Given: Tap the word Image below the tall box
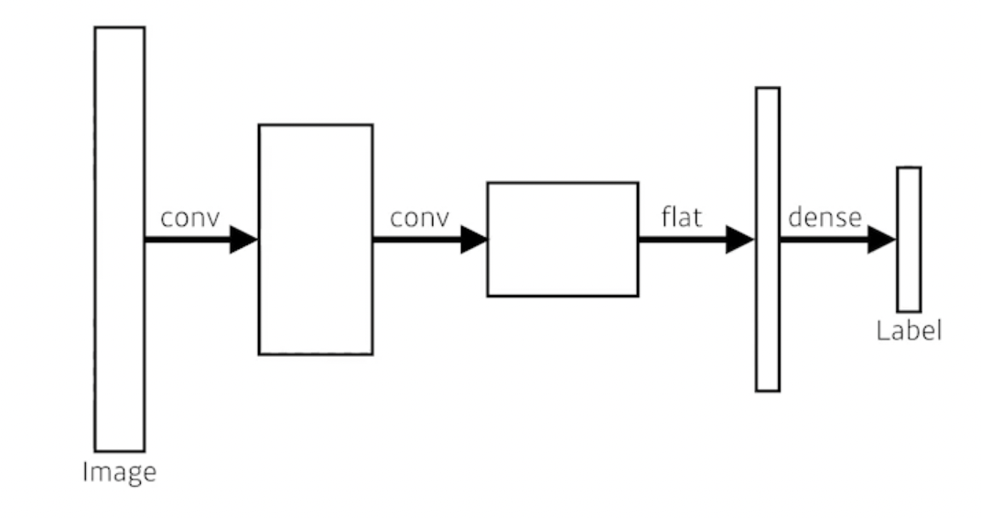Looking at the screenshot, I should [119, 472].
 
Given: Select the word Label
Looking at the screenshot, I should [909, 330].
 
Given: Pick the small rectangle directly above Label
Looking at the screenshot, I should [909, 239].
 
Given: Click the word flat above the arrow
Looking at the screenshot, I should [681, 218].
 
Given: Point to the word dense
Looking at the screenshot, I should [825, 218].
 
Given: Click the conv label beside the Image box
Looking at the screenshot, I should [189, 219].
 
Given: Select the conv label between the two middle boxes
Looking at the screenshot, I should [420, 219].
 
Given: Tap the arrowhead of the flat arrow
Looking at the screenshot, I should [739, 240].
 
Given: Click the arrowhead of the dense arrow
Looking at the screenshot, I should [881, 240].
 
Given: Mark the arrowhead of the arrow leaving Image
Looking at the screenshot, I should [243, 240].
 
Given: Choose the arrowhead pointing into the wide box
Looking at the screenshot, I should [474, 240].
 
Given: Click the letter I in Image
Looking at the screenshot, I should [85, 471].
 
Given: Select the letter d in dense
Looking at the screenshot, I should [794, 218].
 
